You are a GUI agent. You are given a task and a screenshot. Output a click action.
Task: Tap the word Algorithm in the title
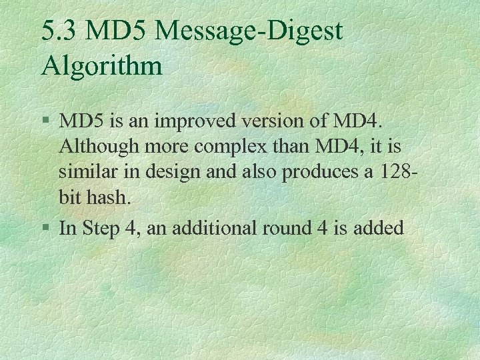[x=101, y=66]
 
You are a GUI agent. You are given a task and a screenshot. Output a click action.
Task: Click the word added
[x=382, y=228]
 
